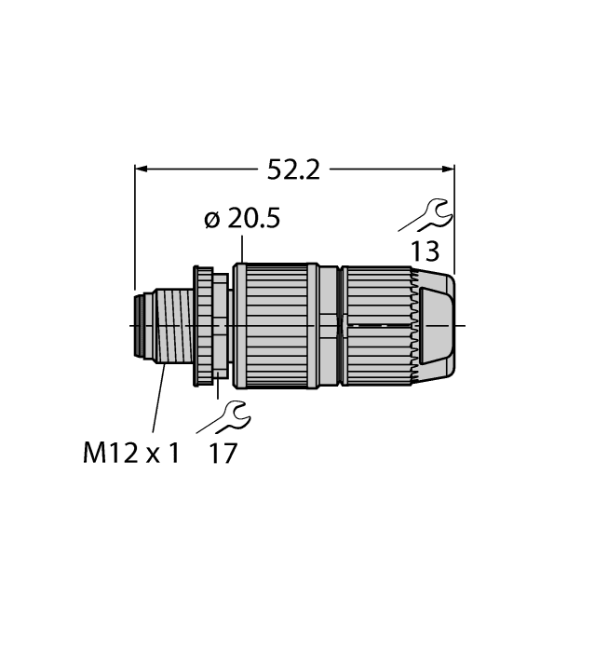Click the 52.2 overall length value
[293, 170]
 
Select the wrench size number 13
[424, 251]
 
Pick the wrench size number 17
[224, 454]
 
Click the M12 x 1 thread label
[131, 454]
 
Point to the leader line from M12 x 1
[155, 401]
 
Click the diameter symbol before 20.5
[210, 221]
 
